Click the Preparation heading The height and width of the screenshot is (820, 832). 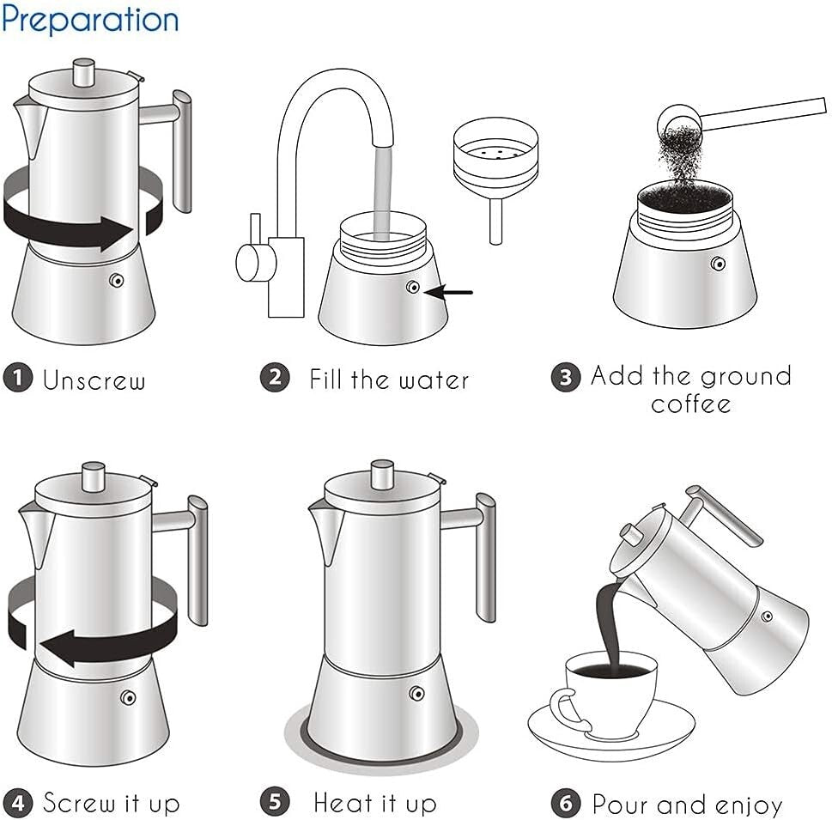click(x=90, y=19)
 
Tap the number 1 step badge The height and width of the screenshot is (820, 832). click(x=18, y=379)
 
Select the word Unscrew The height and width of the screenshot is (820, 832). click(x=94, y=380)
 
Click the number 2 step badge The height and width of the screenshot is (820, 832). click(x=275, y=378)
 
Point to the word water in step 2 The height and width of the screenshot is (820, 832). click(x=434, y=379)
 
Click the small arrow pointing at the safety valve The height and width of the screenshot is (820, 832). click(x=450, y=292)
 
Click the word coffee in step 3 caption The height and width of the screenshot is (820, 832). click(x=690, y=404)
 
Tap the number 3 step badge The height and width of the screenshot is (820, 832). click(x=565, y=378)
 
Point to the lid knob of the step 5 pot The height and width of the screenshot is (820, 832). click(x=382, y=473)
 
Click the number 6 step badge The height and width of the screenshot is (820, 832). click(x=566, y=804)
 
